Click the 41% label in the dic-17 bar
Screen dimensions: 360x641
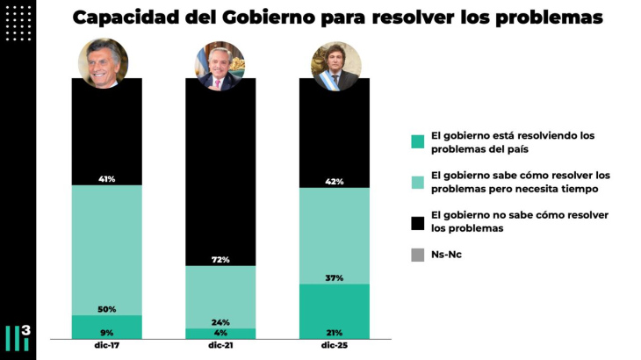pos(107,179)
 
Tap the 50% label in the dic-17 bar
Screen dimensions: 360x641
pos(107,309)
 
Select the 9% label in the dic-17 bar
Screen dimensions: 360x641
pos(107,332)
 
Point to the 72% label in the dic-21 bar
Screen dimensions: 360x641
pos(220,260)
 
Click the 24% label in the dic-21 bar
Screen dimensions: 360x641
pos(220,321)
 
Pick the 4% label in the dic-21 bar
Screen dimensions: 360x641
pos(220,333)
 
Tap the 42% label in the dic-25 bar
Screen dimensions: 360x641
pos(334,182)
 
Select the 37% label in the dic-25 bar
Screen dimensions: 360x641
pos(334,277)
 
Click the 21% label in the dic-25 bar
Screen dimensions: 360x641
pos(334,332)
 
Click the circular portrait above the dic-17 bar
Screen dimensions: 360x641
pos(104,63)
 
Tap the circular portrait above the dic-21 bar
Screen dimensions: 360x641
pos(220,66)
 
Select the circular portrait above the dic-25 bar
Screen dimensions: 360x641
pos(336,66)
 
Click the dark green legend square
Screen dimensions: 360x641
pos(418,141)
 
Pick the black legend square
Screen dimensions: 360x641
pos(418,221)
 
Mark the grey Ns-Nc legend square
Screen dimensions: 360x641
pos(418,256)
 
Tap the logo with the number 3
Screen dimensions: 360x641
pos(18,337)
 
